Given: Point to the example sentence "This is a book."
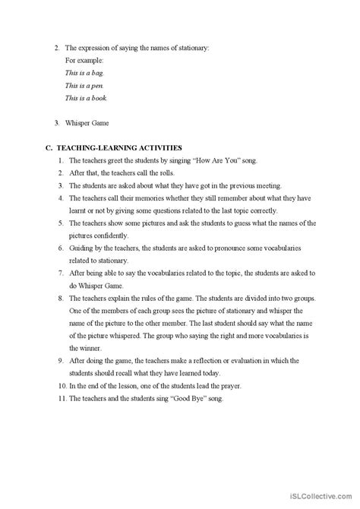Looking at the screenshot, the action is click(86, 98).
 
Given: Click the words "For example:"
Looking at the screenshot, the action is click(84, 60).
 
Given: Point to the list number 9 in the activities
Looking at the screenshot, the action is click(60, 362).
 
